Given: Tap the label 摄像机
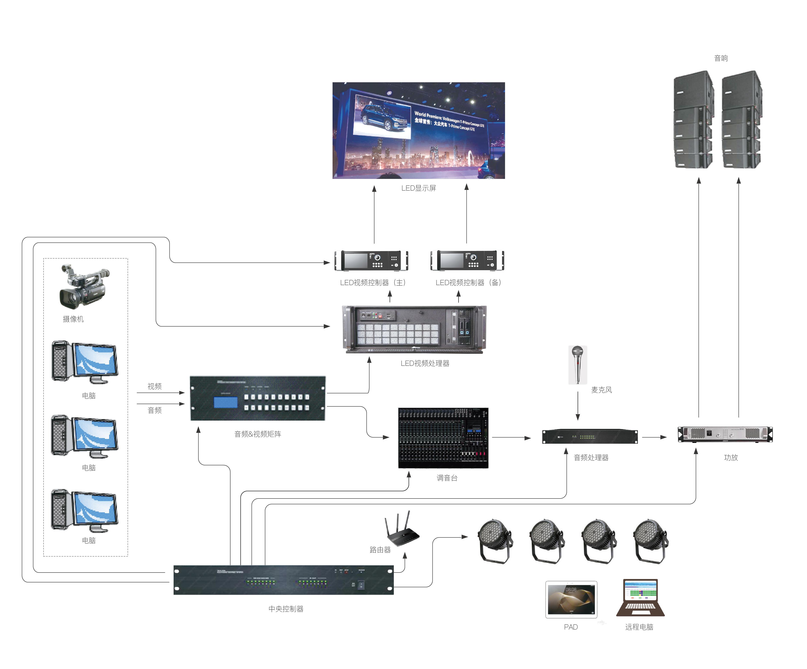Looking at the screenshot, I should (73, 319).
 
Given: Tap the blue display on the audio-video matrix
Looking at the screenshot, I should (226, 402).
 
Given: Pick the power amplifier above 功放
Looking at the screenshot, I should (725, 434).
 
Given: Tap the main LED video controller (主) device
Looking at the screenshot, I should (371, 260).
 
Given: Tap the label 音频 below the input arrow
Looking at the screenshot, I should (154, 410).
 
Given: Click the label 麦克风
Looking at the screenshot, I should (601, 390).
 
